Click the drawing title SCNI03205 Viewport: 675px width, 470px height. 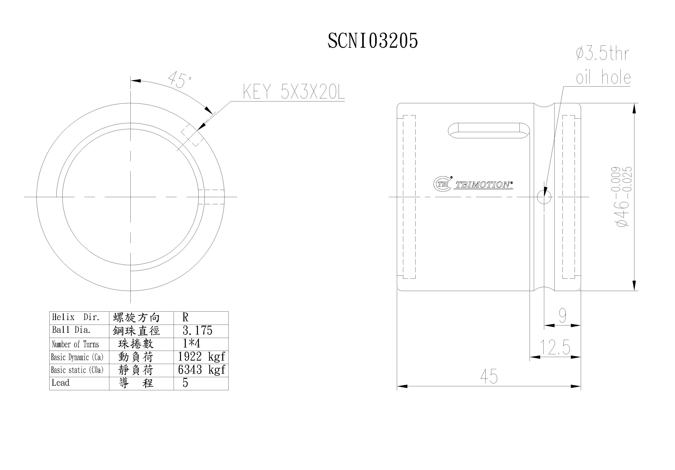pyautogui.click(x=373, y=41)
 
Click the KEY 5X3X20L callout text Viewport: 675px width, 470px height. pyautogui.click(x=293, y=92)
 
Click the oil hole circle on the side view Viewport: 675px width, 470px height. pyautogui.click(x=544, y=197)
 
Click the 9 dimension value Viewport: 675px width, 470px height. pyautogui.click(x=562, y=316)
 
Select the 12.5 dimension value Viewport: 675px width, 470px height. pyautogui.click(x=555, y=347)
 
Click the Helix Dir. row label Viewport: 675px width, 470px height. pyautogui.click(x=76, y=317)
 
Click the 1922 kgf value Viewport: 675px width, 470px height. pyautogui.click(x=201, y=357)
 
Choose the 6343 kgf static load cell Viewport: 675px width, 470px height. pyautogui.click(x=201, y=370)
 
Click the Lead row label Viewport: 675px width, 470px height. pyautogui.click(x=61, y=383)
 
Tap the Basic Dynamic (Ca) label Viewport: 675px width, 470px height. pyautogui.click(x=77, y=357)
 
